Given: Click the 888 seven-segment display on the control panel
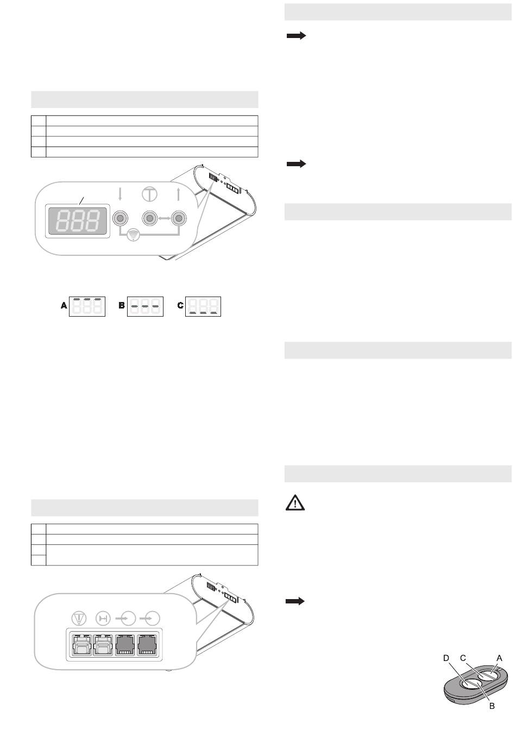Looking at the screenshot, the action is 78,221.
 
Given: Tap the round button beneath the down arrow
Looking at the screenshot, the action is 120,218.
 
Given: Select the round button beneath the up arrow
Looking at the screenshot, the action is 179,218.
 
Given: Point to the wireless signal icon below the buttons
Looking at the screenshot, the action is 134,235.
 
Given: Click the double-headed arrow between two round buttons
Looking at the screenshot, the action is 164,218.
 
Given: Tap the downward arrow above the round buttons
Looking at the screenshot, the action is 120,194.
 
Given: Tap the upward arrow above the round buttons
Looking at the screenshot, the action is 179,194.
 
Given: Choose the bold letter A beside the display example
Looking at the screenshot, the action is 64,305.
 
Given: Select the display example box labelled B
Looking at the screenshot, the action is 145,306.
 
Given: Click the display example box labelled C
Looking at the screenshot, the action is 203,306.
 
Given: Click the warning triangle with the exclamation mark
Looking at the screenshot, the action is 295,502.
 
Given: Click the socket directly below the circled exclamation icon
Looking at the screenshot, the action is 82,645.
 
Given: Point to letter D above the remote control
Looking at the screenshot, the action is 446,658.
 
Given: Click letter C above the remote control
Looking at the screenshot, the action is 463,658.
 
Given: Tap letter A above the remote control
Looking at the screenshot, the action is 499,658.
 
